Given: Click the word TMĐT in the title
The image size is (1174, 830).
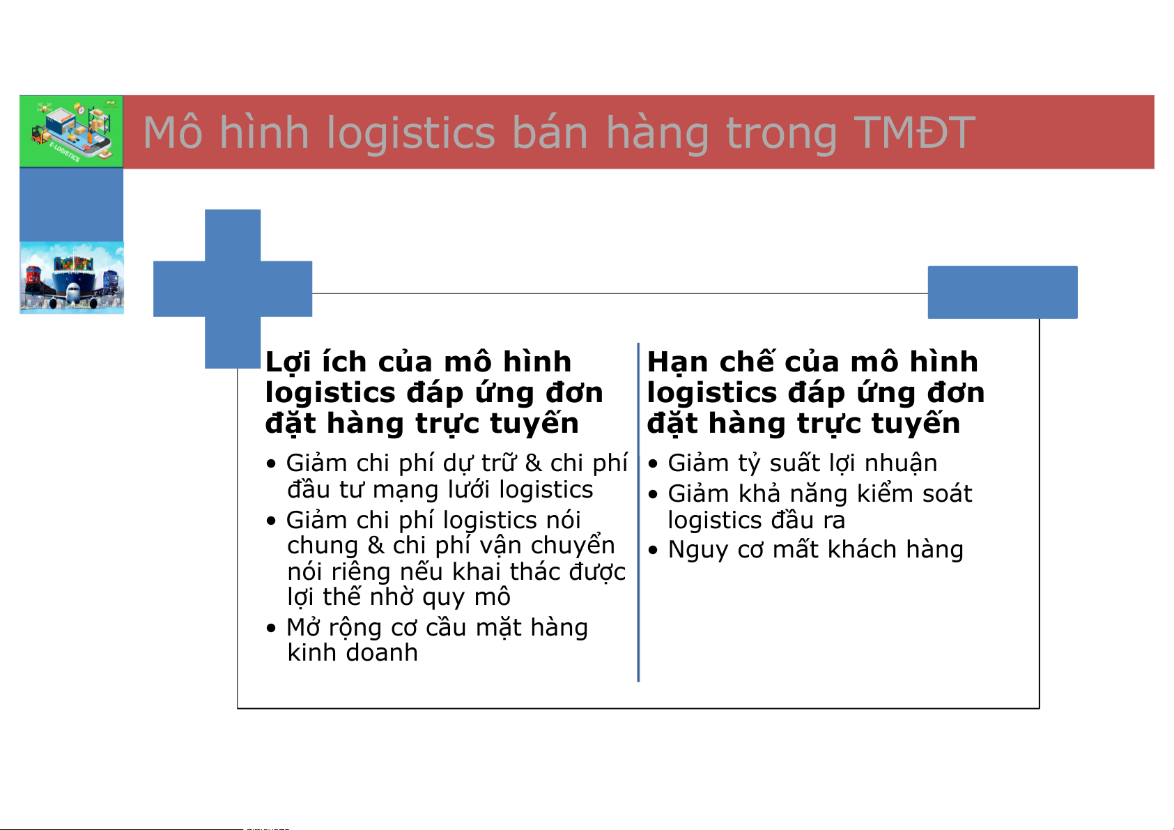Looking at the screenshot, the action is [915, 132].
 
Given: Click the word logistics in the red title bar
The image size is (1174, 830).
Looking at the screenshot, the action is [411, 133].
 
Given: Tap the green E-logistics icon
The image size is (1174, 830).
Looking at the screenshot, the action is [71, 131].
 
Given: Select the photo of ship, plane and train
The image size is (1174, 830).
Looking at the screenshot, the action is [72, 278].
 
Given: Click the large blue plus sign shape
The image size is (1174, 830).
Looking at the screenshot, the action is [233, 289].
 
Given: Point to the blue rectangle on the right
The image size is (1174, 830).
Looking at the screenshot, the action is [1003, 292].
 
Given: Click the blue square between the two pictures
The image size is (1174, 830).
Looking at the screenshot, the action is [71, 204].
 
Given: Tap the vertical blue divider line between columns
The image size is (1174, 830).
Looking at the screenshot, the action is [638, 512].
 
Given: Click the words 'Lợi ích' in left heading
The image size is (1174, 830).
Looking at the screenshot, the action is [316, 362].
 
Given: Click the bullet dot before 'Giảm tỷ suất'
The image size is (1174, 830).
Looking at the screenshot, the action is [653, 463].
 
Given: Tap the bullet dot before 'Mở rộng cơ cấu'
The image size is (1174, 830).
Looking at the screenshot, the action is [271, 628].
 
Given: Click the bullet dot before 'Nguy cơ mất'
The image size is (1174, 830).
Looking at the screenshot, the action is [653, 550].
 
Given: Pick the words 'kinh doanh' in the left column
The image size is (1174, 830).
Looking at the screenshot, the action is [353, 653].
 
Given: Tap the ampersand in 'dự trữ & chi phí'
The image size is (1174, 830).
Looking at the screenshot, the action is [533, 463].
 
